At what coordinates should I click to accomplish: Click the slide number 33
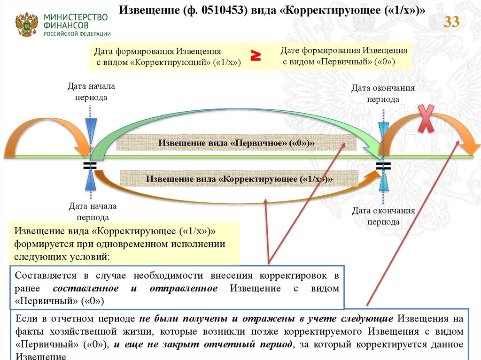[x=451, y=23]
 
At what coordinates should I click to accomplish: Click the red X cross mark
[x=425, y=118]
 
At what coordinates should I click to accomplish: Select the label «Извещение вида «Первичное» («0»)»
[x=236, y=142]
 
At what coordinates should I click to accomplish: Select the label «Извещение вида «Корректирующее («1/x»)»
[x=239, y=179]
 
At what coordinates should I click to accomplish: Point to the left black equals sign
[x=90, y=165]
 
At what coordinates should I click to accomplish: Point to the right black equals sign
[x=383, y=165]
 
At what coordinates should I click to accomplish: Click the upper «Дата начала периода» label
[x=91, y=92]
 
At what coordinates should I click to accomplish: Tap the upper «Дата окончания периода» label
[x=383, y=93]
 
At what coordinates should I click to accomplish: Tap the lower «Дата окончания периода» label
[x=384, y=216]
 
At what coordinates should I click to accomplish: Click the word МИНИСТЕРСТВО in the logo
[x=76, y=17]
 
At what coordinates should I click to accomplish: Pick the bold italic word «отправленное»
[x=184, y=288]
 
